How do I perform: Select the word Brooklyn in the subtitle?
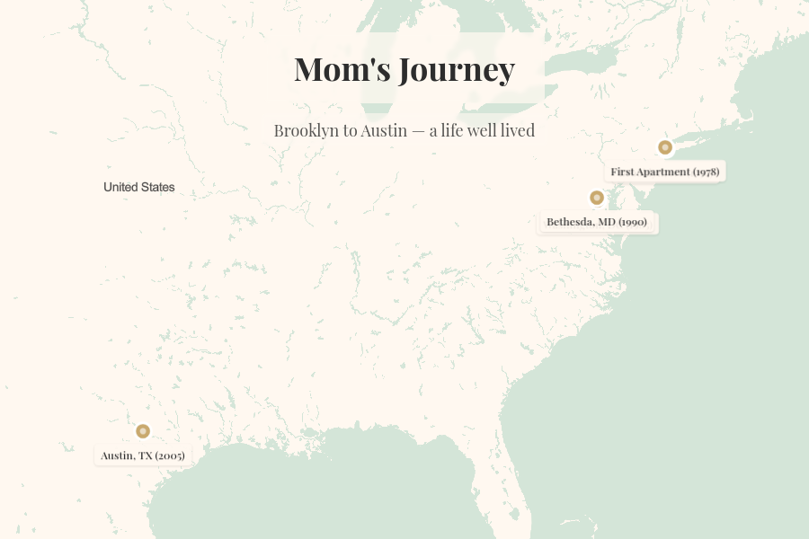pos(306,130)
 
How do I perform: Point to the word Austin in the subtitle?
pos(385,130)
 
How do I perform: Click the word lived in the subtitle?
pos(516,130)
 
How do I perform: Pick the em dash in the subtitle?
pos(418,131)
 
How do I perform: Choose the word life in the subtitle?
pos(453,130)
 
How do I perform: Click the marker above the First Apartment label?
pos(665,147)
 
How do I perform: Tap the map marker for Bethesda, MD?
pos(597,198)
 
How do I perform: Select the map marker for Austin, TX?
pos(142,431)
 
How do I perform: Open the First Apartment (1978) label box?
pos(664,172)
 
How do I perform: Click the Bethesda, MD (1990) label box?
pos(597,222)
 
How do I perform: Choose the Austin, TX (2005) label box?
pos(143,455)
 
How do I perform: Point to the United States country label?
pos(139,187)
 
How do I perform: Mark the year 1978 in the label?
pos(706,172)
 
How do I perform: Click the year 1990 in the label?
pos(634,222)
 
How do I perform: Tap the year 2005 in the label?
pos(170,455)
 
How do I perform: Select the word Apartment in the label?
pos(663,172)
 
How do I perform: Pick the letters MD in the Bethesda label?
pos(606,222)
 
